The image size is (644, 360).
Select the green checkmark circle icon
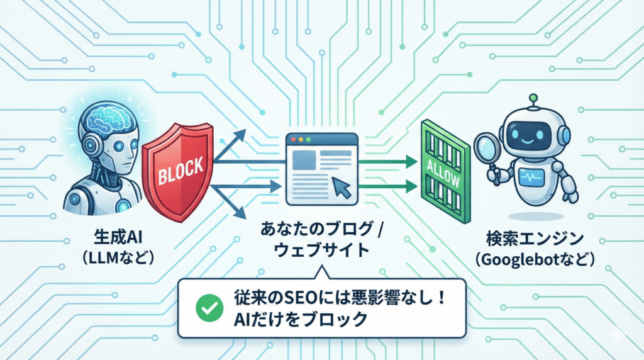206,308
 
